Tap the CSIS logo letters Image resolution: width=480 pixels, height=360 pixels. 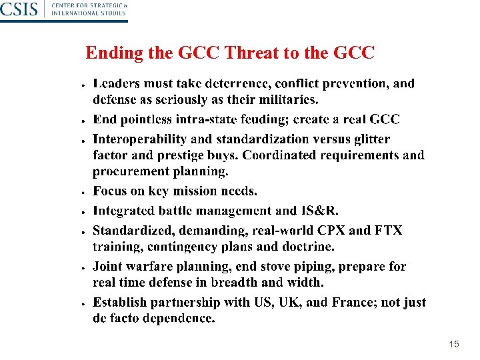pos(18,9)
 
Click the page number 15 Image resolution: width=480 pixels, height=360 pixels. pos(454,344)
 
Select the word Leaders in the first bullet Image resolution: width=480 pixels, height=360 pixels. pos(117,84)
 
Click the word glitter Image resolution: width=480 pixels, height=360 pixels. pos(370,139)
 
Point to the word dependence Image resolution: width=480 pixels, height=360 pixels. pos(180,318)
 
